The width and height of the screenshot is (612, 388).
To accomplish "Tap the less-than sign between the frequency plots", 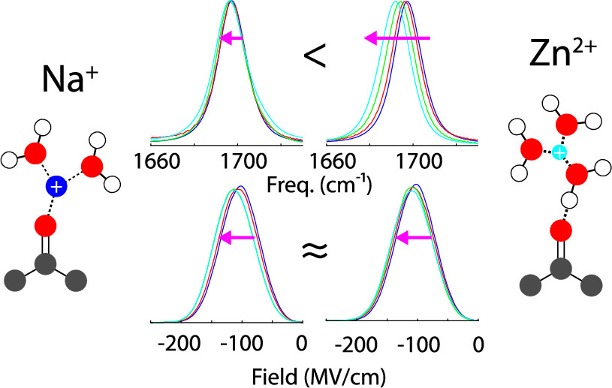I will pyautogui.click(x=315, y=56).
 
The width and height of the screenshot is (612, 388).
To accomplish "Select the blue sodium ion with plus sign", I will pyautogui.click(x=56, y=187).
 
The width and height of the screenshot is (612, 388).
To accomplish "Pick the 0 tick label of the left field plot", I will pyautogui.click(x=300, y=345).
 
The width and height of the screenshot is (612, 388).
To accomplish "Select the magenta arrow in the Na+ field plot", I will pyautogui.click(x=237, y=238).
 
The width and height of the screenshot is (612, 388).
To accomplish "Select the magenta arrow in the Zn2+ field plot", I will pyautogui.click(x=415, y=238).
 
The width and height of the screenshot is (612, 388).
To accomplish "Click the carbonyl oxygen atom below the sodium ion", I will pyautogui.click(x=46, y=224).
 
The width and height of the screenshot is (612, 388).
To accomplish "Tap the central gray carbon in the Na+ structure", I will pyautogui.click(x=46, y=263).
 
